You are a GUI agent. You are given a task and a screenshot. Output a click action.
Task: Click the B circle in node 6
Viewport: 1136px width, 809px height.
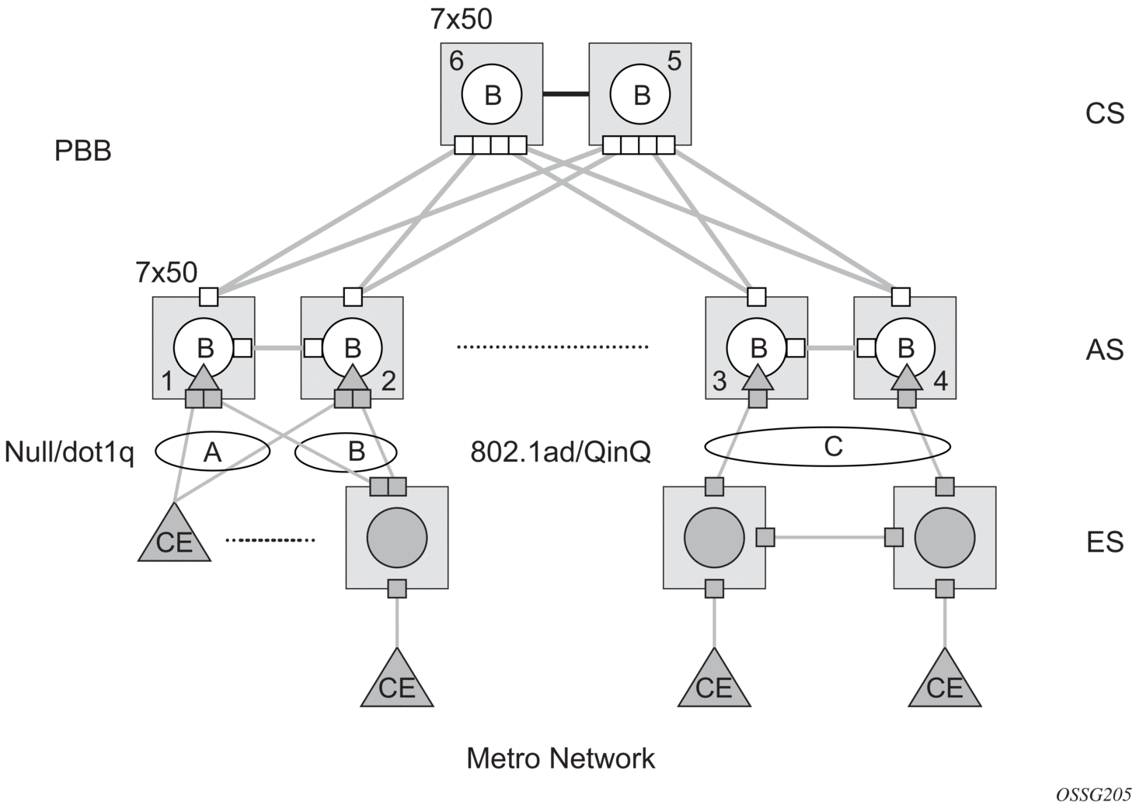(x=492, y=94)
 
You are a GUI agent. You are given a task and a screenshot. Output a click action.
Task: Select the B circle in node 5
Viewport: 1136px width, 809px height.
(x=641, y=94)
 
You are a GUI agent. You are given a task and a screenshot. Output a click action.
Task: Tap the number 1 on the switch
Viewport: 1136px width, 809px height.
(x=166, y=382)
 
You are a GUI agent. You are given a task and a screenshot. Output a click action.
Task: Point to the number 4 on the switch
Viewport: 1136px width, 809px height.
(x=940, y=382)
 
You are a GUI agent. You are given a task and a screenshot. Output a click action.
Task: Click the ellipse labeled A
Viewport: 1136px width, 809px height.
(x=212, y=452)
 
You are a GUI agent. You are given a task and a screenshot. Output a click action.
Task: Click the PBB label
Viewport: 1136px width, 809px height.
(x=82, y=151)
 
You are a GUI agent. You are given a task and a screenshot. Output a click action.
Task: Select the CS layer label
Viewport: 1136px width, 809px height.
(x=1104, y=113)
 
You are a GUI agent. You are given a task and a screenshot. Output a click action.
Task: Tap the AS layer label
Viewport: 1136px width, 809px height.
(x=1104, y=350)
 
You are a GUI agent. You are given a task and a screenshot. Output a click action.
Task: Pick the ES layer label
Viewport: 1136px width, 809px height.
(x=1104, y=541)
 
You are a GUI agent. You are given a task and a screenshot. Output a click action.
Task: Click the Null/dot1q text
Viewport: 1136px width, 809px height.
(x=69, y=452)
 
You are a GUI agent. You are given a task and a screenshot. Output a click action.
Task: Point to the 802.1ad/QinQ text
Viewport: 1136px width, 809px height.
(x=560, y=452)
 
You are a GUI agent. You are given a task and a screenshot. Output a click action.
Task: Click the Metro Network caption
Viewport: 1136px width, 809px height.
(x=560, y=758)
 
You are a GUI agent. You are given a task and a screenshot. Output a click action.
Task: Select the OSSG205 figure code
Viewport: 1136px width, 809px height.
(x=1093, y=794)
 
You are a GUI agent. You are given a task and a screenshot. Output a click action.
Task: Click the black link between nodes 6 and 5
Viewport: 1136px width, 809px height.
(x=565, y=94)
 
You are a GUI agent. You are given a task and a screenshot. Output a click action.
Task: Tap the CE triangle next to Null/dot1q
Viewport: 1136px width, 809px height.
(x=174, y=536)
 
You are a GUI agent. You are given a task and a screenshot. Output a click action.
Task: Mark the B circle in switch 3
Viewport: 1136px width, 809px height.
(x=758, y=347)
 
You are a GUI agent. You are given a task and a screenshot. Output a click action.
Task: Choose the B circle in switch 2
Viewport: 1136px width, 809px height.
(x=352, y=347)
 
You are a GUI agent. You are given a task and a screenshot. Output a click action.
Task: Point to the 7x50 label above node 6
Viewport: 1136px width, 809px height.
(x=461, y=19)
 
